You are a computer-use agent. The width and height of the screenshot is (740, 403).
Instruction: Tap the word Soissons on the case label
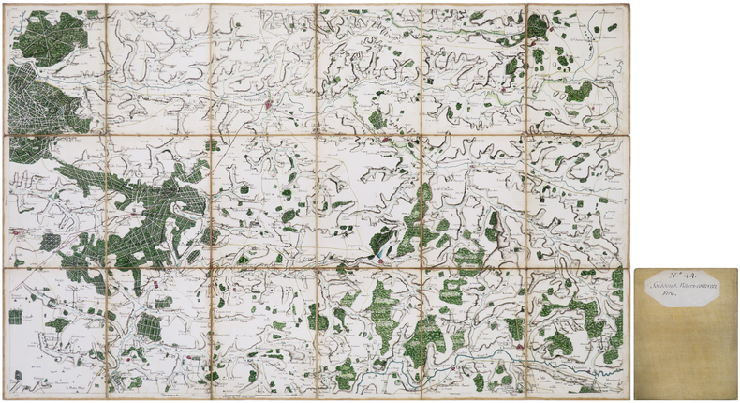(671, 286)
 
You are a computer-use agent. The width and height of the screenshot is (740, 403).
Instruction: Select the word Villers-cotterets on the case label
(699, 286)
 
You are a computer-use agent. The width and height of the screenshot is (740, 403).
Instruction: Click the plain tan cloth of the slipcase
(686, 356)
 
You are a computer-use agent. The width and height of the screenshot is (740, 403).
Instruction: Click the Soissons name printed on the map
(266, 95)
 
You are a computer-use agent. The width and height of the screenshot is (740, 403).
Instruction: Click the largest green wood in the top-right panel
(579, 91)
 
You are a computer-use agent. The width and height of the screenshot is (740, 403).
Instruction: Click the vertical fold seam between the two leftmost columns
(106, 201)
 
